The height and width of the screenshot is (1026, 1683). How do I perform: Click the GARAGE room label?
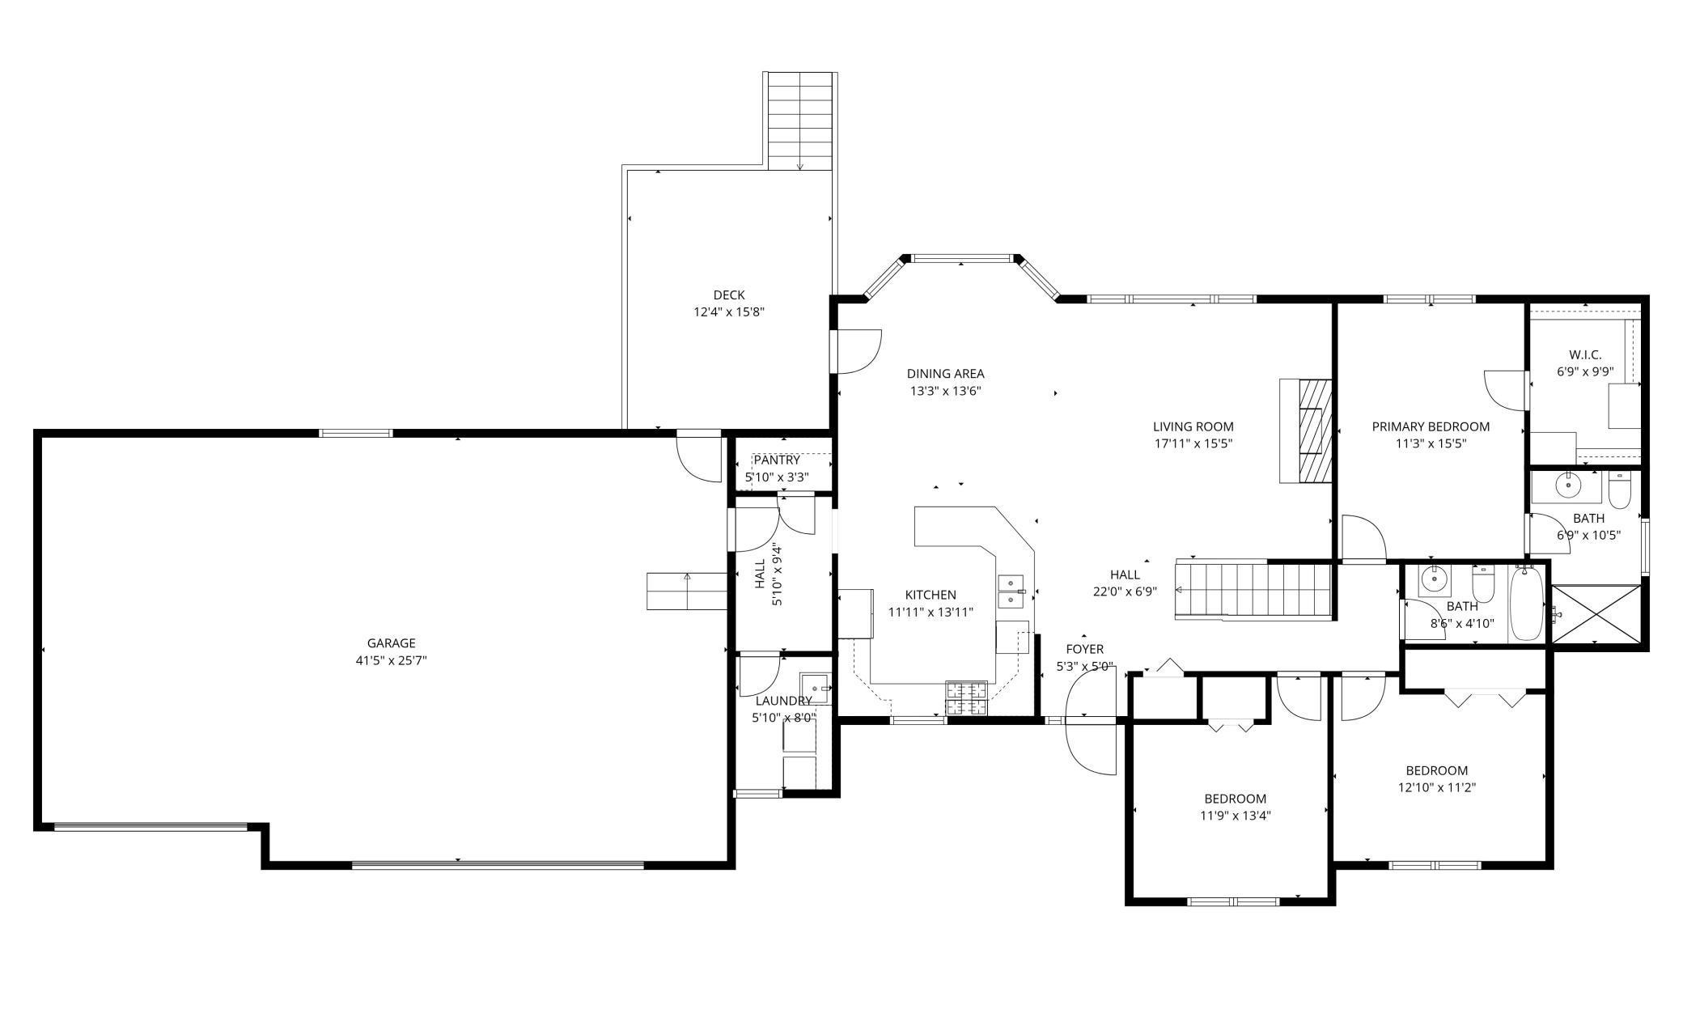point(391,643)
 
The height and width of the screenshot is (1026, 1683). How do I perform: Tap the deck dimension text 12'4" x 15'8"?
point(729,312)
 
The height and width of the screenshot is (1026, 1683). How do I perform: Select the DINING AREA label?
point(945,374)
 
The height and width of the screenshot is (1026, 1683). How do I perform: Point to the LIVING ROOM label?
point(1193,426)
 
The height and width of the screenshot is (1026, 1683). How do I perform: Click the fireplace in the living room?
point(1305,430)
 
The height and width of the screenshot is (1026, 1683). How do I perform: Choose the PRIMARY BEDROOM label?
point(1431,426)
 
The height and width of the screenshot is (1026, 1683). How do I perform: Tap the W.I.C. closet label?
point(1585,354)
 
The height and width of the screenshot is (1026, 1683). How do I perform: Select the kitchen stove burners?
point(967,699)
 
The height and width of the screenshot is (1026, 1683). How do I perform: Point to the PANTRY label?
point(777,460)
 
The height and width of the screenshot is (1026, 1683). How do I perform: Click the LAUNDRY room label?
point(783,701)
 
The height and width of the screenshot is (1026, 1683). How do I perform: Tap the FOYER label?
point(1084,649)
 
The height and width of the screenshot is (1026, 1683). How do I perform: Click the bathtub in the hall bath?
point(1527,604)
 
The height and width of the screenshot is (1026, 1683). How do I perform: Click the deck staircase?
point(799,121)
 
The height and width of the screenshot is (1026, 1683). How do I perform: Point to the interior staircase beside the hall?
point(1253,591)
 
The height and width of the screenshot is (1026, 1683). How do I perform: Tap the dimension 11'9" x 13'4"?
point(1235,816)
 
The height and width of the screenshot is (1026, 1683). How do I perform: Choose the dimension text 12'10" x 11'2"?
point(1437,787)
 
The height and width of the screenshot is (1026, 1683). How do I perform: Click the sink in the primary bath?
point(1567,486)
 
